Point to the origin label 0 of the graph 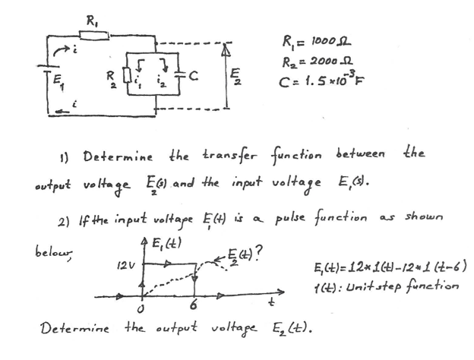click(x=143, y=308)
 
